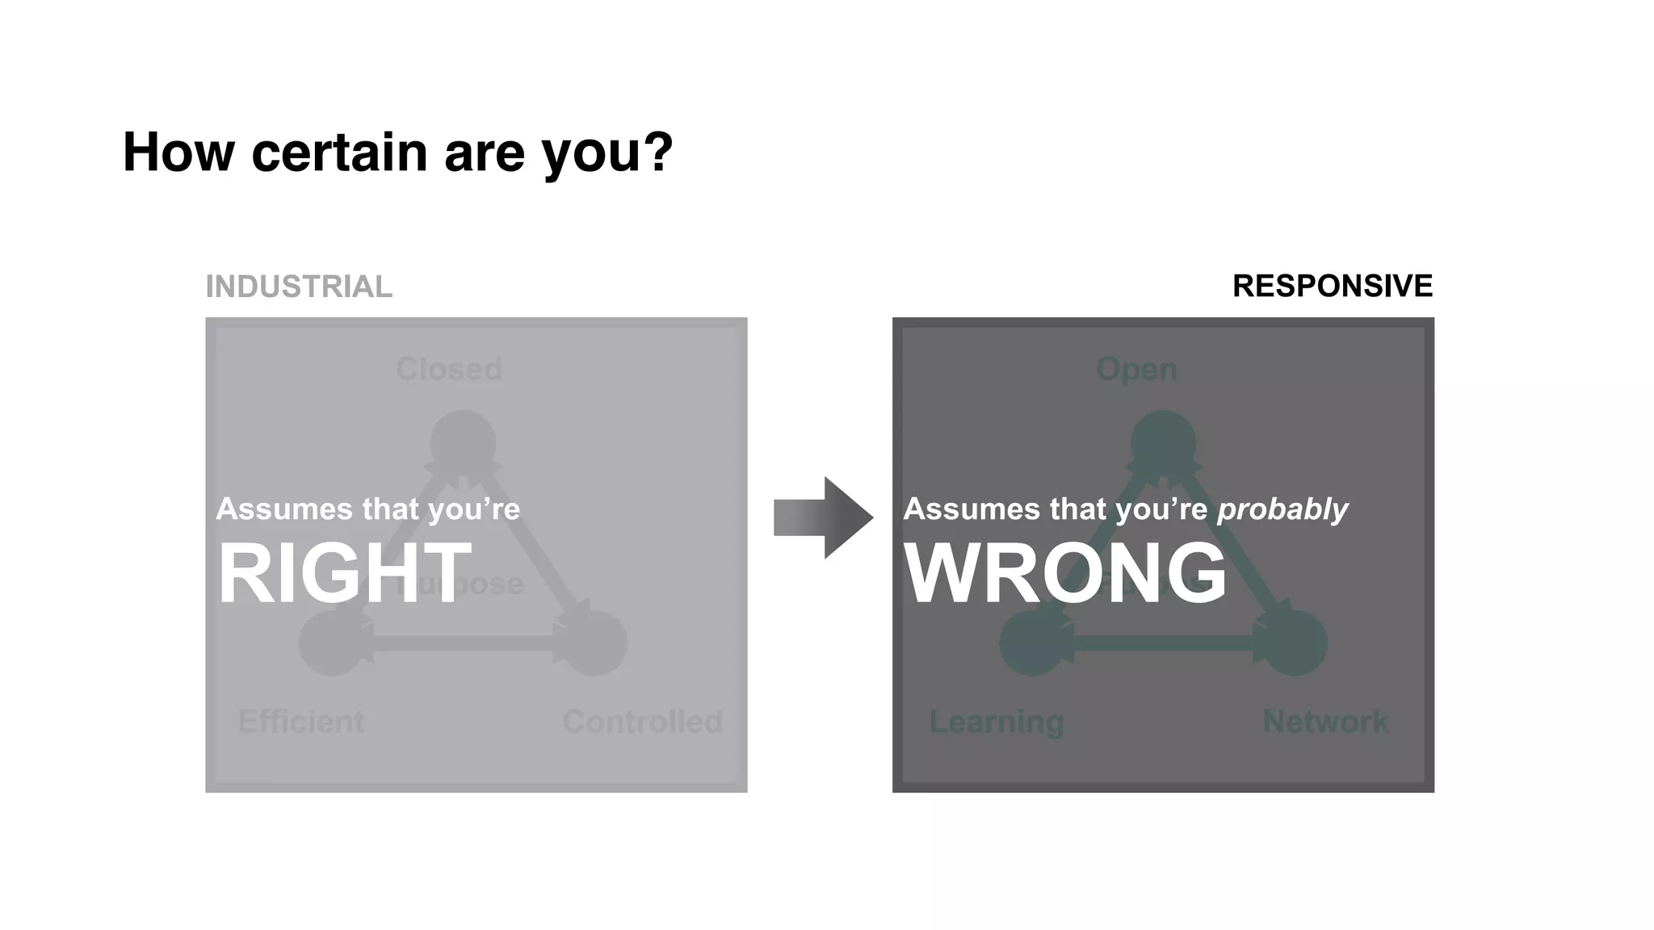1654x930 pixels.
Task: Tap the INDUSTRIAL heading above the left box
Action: click(x=299, y=287)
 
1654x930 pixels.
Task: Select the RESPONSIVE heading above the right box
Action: click(x=1332, y=286)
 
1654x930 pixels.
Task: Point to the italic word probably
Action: click(x=1282, y=509)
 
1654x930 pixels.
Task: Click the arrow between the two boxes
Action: click(x=823, y=517)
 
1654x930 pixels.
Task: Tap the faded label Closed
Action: click(x=449, y=369)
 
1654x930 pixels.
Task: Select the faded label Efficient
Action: click(x=301, y=721)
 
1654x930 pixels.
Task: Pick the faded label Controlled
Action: click(x=642, y=721)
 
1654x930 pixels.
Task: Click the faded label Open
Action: click(x=1136, y=369)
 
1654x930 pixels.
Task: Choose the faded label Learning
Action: click(x=996, y=721)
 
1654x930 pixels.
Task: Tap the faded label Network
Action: click(x=1325, y=721)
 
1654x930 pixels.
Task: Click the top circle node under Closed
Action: click(x=463, y=443)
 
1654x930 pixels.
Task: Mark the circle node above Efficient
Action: click(x=331, y=643)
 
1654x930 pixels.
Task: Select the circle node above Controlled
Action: click(x=595, y=643)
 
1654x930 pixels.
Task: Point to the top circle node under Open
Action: click(x=1163, y=443)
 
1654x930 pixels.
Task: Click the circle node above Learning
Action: click(x=1031, y=643)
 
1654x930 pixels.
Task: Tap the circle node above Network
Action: click(x=1295, y=643)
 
